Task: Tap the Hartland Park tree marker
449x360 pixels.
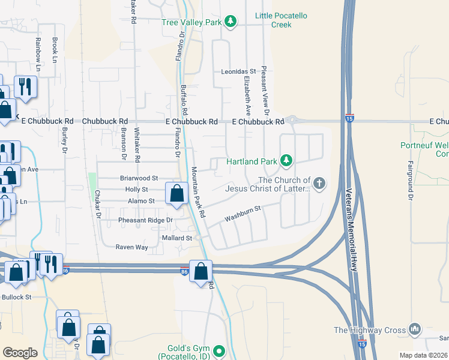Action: [x=287, y=161]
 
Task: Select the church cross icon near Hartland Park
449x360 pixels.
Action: [x=319, y=184]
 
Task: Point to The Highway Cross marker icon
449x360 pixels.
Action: [x=415, y=329]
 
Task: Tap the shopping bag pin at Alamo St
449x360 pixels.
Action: [x=176, y=194]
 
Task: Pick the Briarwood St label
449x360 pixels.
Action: [x=139, y=178]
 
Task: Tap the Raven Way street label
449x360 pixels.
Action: [x=131, y=247]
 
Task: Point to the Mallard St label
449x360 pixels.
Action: [x=176, y=238]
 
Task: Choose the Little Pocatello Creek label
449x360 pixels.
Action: [x=273, y=20]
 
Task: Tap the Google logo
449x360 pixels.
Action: [x=20, y=353]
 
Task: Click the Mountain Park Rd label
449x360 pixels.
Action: [x=197, y=192]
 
